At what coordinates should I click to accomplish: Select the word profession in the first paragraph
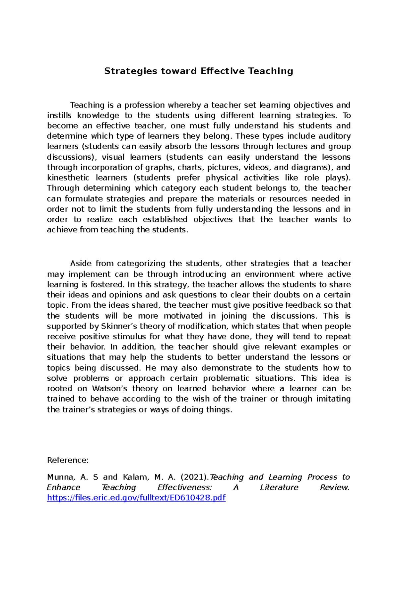coord(144,105)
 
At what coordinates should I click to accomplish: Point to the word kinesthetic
coord(68,178)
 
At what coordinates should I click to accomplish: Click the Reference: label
coord(68,460)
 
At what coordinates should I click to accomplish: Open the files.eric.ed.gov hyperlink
coord(136,498)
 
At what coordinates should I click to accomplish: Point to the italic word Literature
coord(279,488)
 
